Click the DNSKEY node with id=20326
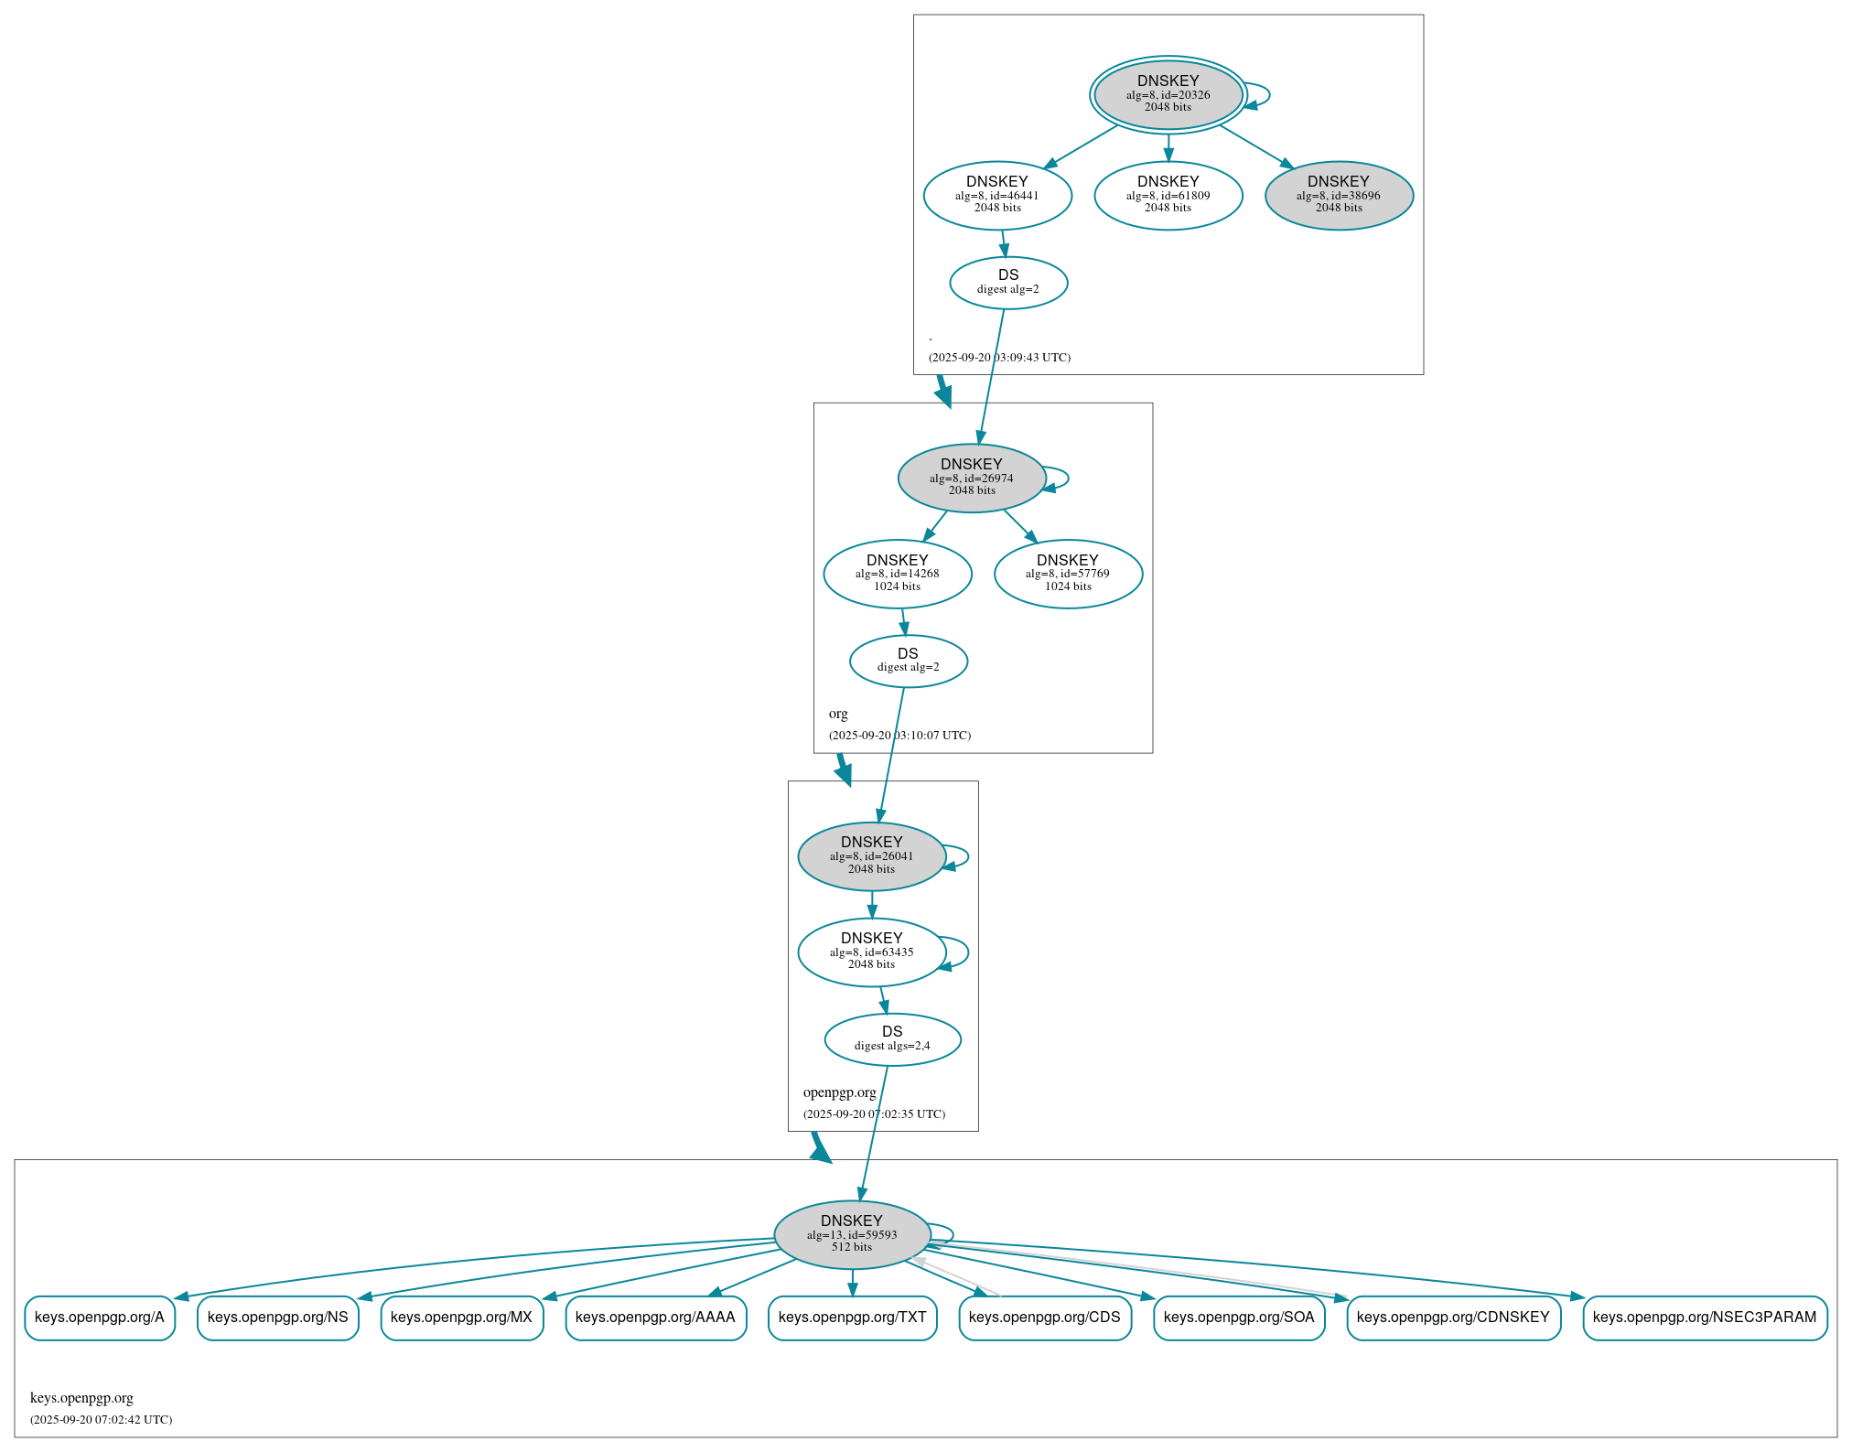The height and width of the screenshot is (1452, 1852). tap(1168, 94)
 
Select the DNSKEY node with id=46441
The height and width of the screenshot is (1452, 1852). tap(997, 195)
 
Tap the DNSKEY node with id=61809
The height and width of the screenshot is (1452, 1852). tap(1168, 195)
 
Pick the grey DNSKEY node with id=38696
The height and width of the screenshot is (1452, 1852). tap(1339, 195)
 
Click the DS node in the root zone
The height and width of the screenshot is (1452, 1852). tap(1008, 282)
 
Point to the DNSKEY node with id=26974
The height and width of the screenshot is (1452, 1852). tap(972, 478)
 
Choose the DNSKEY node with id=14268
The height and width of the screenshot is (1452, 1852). tap(898, 574)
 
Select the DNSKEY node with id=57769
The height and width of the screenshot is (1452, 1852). tap(1068, 574)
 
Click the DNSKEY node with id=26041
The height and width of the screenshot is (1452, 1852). tap(871, 855)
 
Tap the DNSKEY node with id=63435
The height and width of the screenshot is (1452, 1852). tap(871, 952)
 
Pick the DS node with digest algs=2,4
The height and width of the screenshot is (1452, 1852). tap(892, 1039)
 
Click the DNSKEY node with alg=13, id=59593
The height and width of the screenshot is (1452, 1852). tap(852, 1234)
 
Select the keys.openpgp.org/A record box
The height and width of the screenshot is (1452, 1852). tap(100, 1318)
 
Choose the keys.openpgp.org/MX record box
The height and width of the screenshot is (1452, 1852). tap(461, 1318)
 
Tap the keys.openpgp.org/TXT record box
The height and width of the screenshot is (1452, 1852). tap(852, 1318)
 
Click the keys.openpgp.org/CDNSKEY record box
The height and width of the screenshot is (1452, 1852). tap(1453, 1318)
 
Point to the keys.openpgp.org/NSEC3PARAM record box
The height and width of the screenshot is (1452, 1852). tap(1705, 1318)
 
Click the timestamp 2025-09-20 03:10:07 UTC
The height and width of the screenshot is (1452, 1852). tap(899, 735)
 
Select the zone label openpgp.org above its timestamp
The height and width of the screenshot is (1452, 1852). tap(839, 1092)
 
